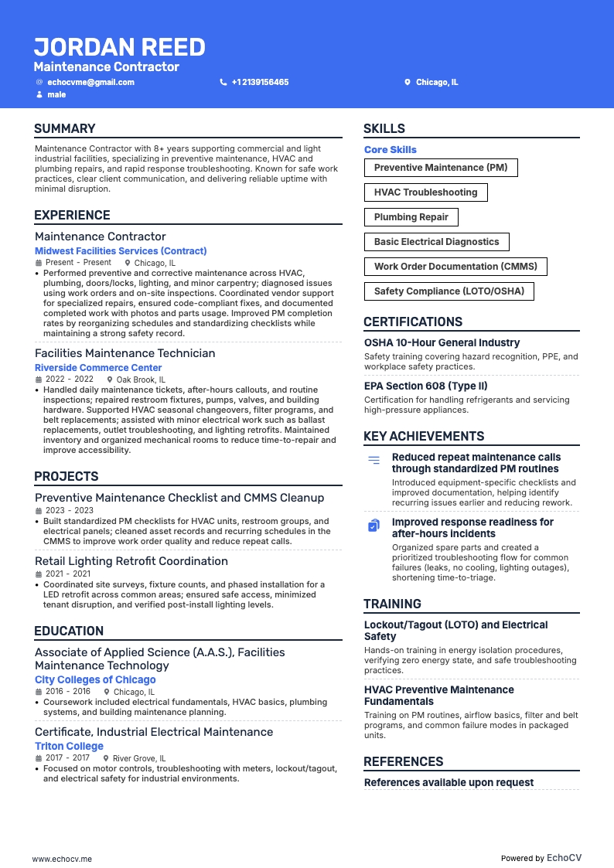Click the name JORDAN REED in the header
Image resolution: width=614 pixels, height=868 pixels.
[x=119, y=47]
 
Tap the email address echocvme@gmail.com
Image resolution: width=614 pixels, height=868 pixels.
[x=90, y=82]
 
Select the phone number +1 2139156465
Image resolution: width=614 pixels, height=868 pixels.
[x=260, y=82]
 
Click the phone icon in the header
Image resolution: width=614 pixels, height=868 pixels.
[x=223, y=82]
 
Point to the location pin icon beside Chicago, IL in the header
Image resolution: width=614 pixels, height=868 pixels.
[x=408, y=82]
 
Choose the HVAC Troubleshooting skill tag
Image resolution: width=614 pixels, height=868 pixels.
[x=425, y=192]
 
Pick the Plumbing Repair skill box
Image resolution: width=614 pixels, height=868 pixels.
[x=411, y=217]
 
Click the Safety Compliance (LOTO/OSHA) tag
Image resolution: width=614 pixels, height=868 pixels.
[x=449, y=291]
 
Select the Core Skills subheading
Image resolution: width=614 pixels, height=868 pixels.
[x=391, y=150]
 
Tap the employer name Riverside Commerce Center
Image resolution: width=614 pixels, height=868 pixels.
[x=98, y=368]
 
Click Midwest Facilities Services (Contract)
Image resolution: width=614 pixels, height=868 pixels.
[x=121, y=251]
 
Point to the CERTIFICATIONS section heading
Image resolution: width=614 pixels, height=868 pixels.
[x=413, y=322]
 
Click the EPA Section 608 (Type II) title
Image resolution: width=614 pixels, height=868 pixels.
[x=426, y=386]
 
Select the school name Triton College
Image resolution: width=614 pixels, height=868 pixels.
[x=69, y=746]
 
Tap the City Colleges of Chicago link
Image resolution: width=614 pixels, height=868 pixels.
[x=95, y=679]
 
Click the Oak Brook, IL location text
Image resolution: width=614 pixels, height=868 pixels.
[x=141, y=380]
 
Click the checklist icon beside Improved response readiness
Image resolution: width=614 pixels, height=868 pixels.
[x=374, y=526]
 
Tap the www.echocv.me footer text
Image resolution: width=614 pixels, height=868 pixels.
[x=62, y=859]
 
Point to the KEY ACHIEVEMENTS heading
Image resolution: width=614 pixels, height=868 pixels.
[x=424, y=437]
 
